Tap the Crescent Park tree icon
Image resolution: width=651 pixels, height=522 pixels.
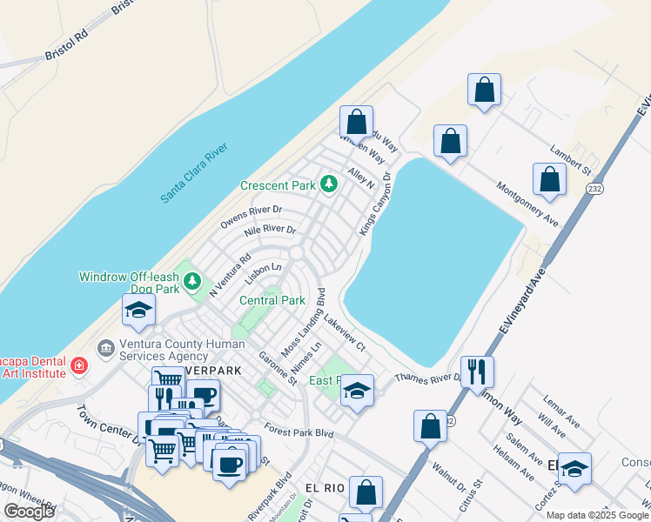(x=329, y=184)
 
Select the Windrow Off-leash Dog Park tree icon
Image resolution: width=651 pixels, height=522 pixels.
(x=192, y=281)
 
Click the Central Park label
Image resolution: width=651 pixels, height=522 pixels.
(x=272, y=301)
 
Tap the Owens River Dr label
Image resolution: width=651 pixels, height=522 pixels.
(x=252, y=217)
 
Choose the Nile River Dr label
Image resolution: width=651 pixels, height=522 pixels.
(x=271, y=231)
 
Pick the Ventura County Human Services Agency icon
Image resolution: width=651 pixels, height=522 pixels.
(x=106, y=349)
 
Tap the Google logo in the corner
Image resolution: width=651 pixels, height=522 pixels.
(x=29, y=512)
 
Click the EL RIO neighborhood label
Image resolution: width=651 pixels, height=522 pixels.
(x=325, y=488)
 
